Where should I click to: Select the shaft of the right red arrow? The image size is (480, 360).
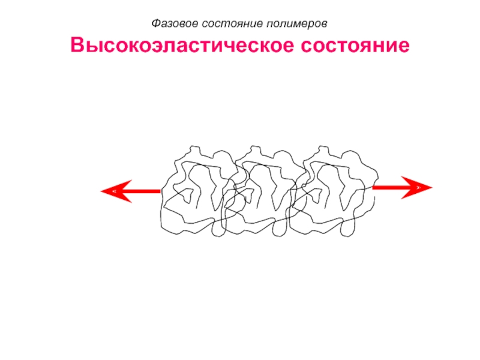387,187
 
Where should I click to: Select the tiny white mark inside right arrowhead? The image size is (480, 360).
418,187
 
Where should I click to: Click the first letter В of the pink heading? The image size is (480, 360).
77,46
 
